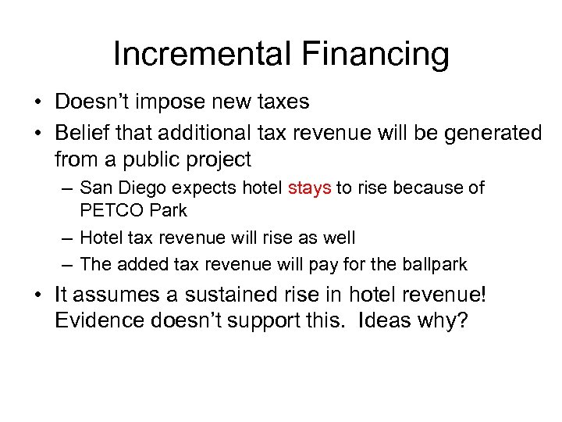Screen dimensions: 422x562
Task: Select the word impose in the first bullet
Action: (x=173, y=102)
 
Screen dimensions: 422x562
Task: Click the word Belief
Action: (x=82, y=133)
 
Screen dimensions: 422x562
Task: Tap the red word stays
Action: (x=310, y=188)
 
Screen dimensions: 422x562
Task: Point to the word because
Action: (x=428, y=188)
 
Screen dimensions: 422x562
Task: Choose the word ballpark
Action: (x=430, y=264)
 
